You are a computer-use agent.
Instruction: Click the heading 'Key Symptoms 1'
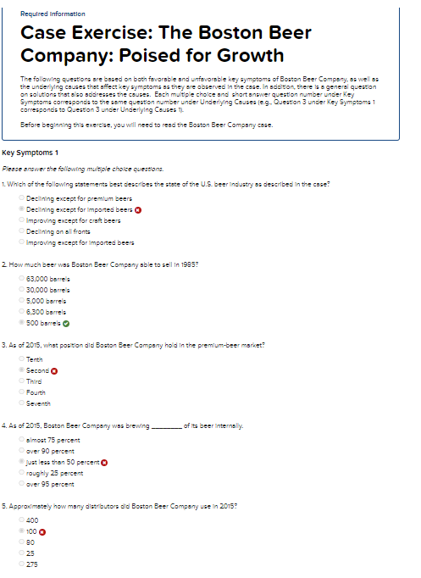[30, 153]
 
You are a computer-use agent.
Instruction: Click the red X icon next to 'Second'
[54, 370]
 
